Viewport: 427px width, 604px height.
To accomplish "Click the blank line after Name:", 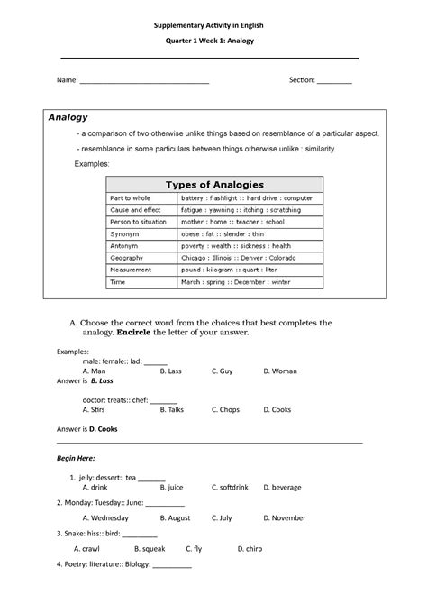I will tap(144, 82).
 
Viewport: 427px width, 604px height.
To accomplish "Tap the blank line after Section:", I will tap(334, 82).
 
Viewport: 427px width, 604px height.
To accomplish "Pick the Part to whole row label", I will tap(131, 197).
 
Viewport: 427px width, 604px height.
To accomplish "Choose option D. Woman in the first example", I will tap(279, 371).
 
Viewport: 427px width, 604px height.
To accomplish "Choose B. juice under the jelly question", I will tap(171, 488).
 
